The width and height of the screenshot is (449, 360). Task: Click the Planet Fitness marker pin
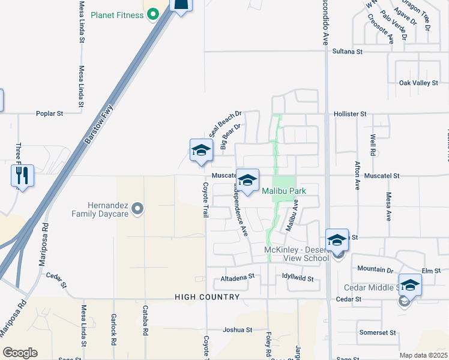coord(152,13)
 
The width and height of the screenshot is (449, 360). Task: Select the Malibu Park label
coord(284,191)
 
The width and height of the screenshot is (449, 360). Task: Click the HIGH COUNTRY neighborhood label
coord(207,297)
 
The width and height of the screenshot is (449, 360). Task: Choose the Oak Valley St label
coord(419,83)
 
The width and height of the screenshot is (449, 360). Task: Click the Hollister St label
coord(350,113)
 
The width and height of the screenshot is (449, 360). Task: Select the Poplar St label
coord(50,113)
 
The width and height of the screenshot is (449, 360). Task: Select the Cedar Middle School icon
coord(411,284)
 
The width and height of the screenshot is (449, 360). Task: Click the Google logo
coord(20,353)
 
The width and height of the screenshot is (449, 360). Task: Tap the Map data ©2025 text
coord(423,355)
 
